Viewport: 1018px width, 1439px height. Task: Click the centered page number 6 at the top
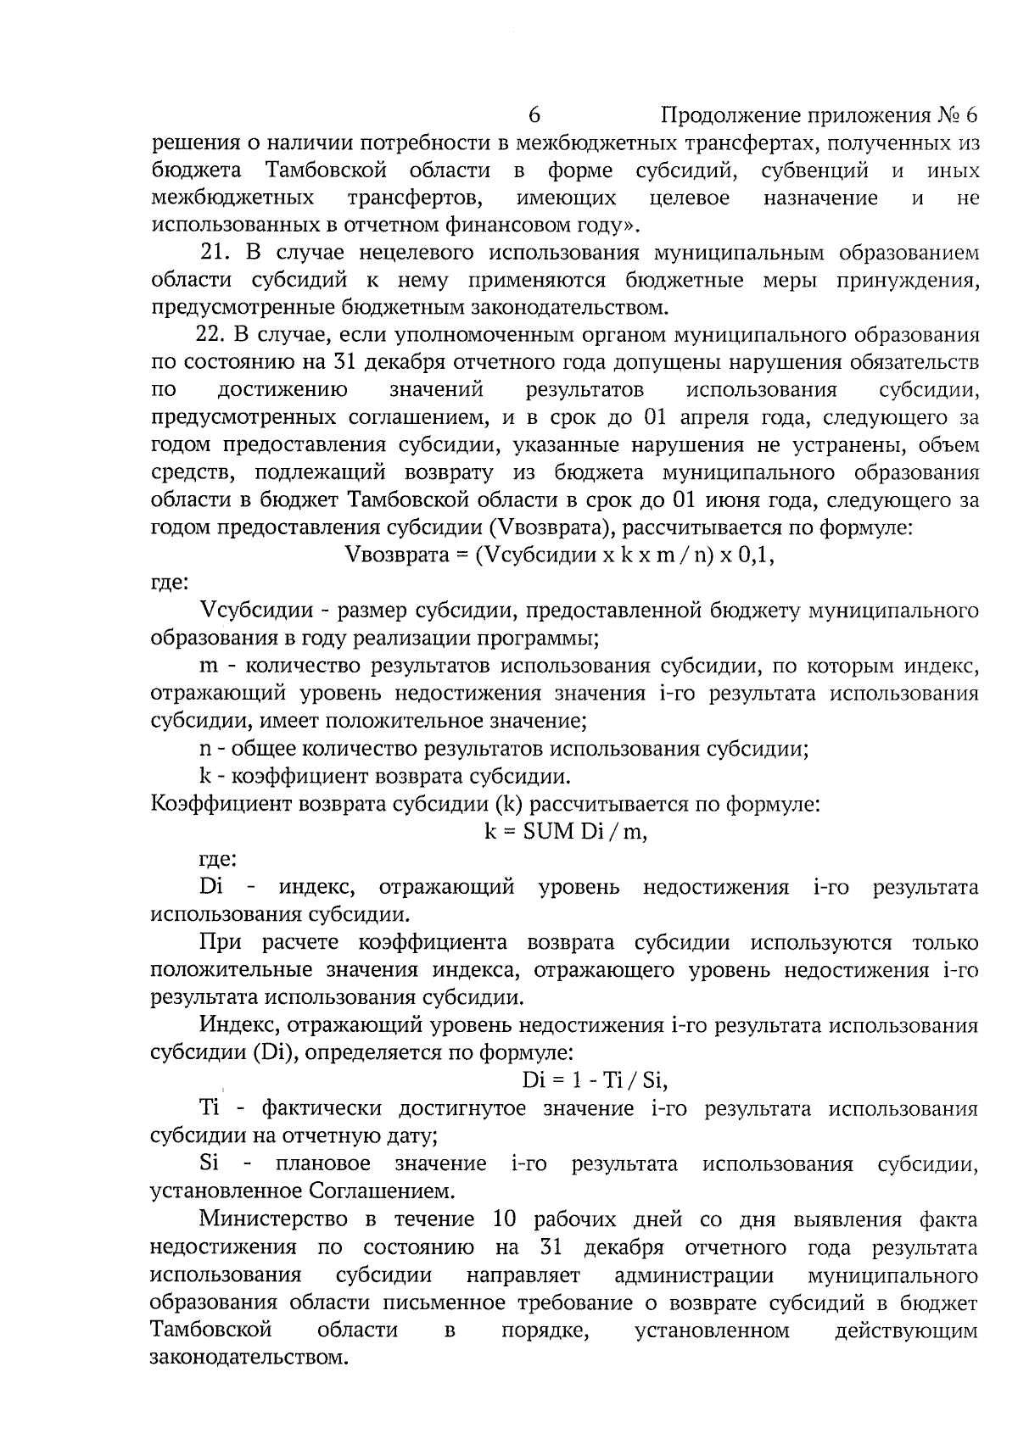click(x=534, y=114)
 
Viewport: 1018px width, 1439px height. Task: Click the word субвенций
click(x=814, y=170)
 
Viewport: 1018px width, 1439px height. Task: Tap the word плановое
click(x=323, y=1163)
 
